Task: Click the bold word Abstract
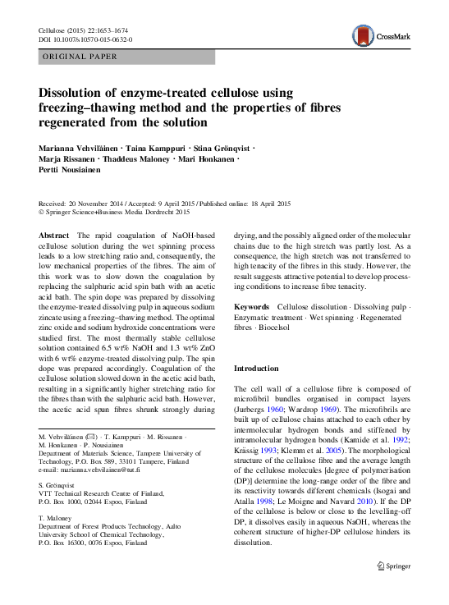click(54, 235)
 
